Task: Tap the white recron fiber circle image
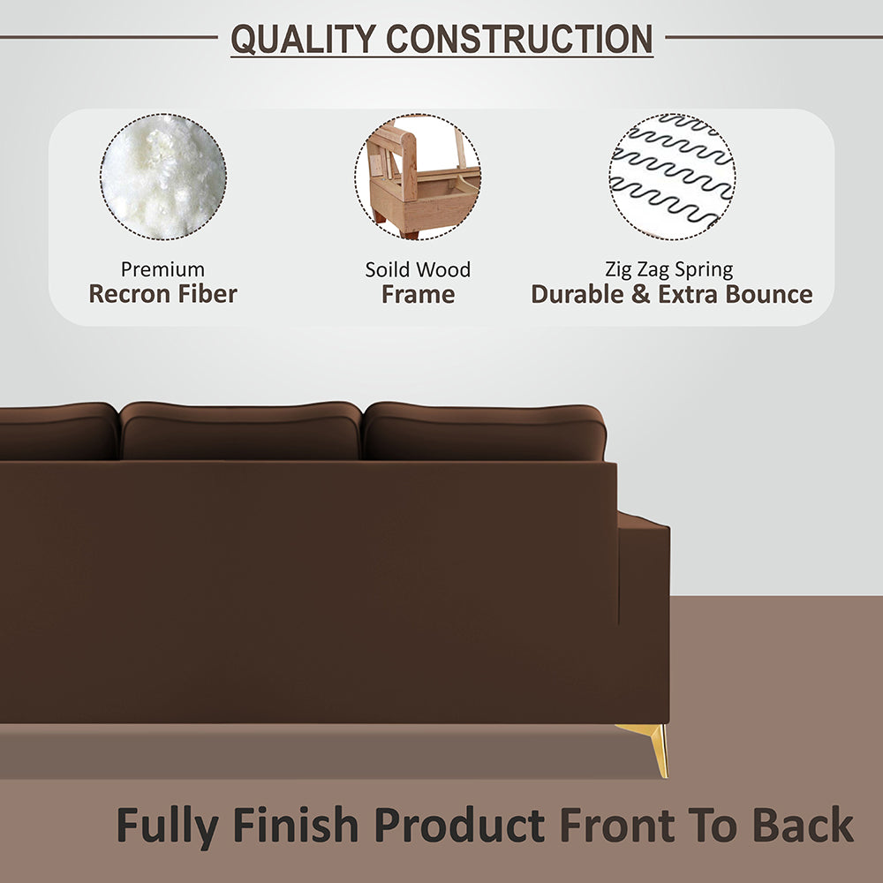click(x=162, y=177)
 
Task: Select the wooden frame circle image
click(x=418, y=177)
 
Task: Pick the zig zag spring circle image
click(x=672, y=177)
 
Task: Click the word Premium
click(x=162, y=269)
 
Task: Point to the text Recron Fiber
click(x=162, y=295)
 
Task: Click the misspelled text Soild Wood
click(x=418, y=269)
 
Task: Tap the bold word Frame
click(x=418, y=295)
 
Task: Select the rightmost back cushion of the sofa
click(x=484, y=433)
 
